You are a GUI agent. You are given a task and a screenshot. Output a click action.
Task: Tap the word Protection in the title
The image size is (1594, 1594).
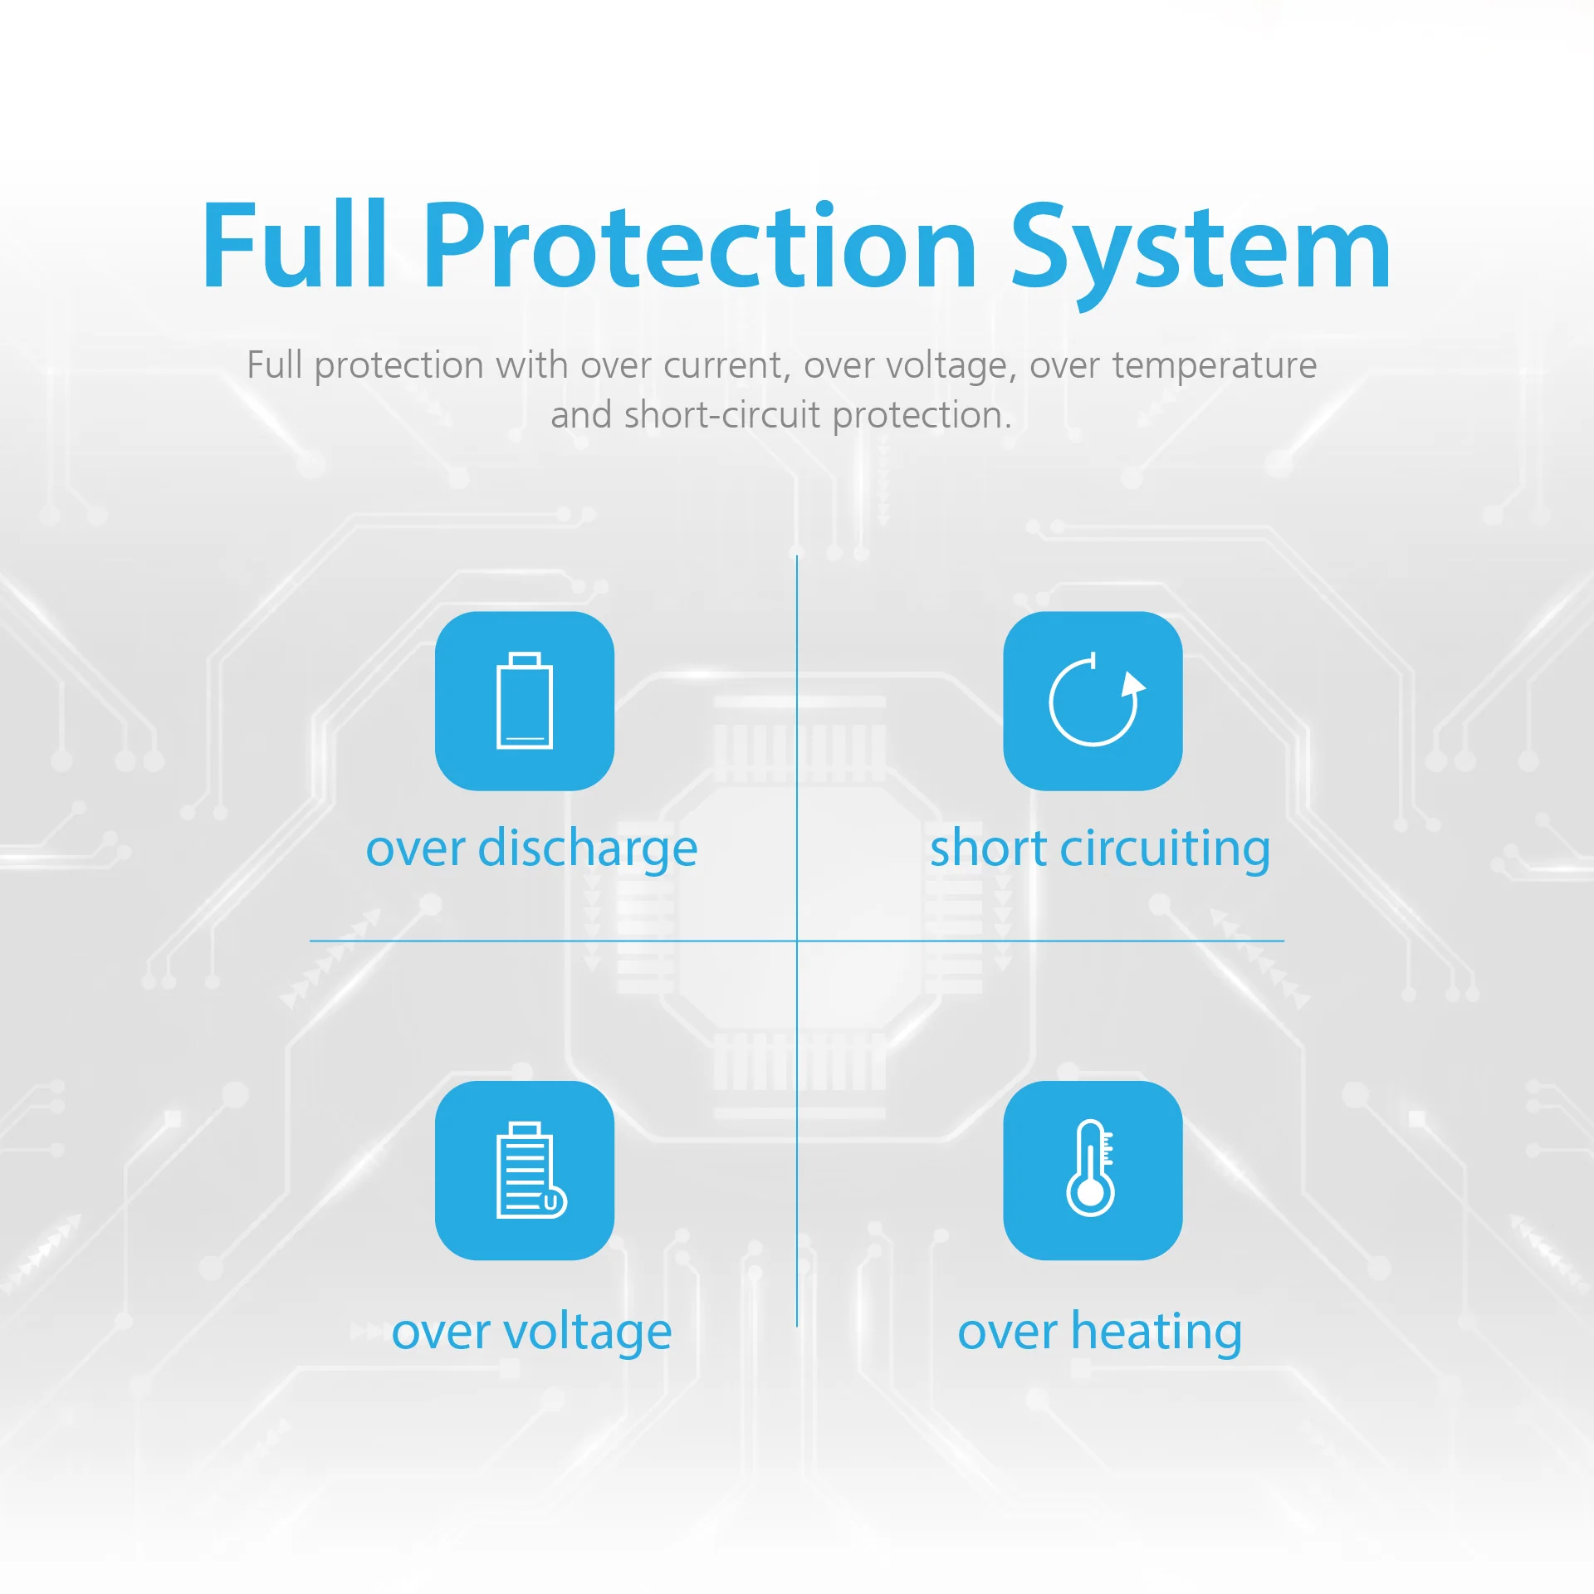click(701, 247)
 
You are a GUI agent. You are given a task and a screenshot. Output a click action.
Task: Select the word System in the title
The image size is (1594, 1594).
click(1200, 256)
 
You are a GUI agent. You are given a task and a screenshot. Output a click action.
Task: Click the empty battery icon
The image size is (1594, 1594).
click(525, 701)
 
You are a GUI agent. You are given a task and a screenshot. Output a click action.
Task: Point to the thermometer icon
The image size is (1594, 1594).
click(1091, 1168)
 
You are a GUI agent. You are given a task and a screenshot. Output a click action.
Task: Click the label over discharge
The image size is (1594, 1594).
click(531, 849)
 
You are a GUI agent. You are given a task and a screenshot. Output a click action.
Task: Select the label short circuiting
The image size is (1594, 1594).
click(1100, 849)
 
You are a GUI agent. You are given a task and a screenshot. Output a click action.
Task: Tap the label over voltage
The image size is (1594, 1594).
click(531, 1332)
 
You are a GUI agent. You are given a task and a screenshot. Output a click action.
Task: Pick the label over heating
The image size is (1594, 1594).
click(1100, 1332)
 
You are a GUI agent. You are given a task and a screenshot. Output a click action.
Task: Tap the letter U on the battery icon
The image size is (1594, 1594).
click(550, 1203)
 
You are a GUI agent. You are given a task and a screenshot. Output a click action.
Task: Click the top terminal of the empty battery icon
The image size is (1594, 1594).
click(525, 659)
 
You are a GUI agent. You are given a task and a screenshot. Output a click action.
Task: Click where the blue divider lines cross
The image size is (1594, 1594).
click(797, 941)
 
